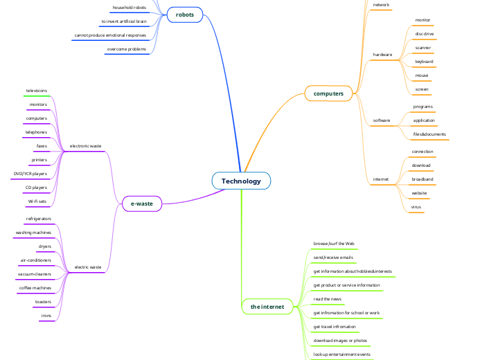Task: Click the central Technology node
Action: click(x=241, y=181)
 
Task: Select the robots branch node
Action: click(x=185, y=15)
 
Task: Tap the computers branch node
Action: click(x=328, y=93)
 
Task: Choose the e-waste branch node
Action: click(x=141, y=204)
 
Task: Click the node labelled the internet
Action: click(x=267, y=307)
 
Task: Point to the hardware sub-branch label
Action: click(x=382, y=54)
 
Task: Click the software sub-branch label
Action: click(x=382, y=120)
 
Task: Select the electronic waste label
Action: click(x=86, y=146)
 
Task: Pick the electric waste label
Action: click(x=88, y=267)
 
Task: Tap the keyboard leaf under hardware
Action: click(x=424, y=62)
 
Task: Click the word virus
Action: click(x=416, y=207)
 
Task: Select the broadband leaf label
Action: click(x=422, y=179)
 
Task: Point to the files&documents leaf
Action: click(x=429, y=134)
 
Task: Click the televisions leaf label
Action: click(x=37, y=91)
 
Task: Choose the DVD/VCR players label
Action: click(x=30, y=174)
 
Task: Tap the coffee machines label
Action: click(x=35, y=288)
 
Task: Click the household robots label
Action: click(x=130, y=8)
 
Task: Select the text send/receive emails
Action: click(x=333, y=258)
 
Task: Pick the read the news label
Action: click(x=328, y=299)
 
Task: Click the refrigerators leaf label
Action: click(x=38, y=219)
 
